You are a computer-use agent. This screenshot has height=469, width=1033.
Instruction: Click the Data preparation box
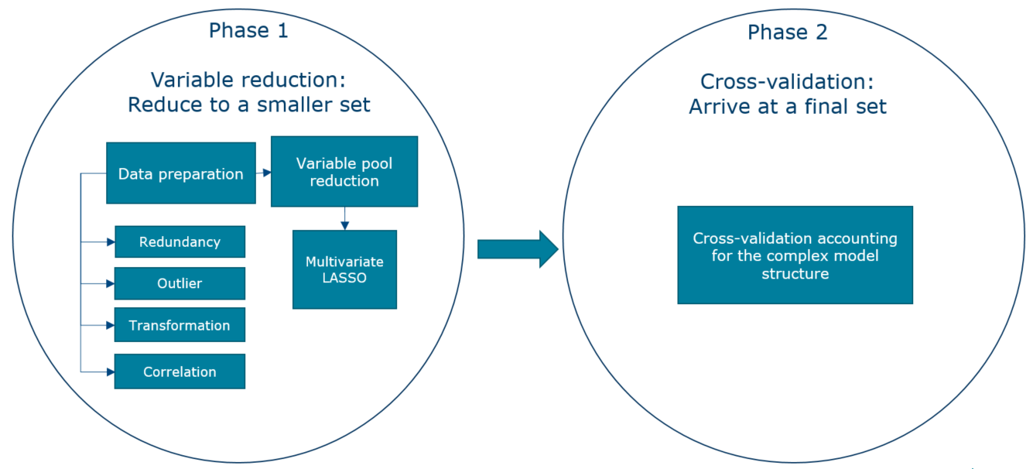pos(180,173)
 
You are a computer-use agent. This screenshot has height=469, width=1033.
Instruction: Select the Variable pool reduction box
pos(344,172)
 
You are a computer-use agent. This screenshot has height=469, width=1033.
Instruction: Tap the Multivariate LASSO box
pos(344,269)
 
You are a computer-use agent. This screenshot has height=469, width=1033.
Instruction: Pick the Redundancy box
pos(180,242)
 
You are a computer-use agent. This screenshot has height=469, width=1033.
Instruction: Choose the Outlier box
pos(180,283)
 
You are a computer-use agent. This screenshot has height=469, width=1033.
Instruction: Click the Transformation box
pos(180,325)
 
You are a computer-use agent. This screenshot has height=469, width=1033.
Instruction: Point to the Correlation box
pos(180,371)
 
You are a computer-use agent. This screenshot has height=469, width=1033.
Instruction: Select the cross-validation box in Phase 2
pos(795,255)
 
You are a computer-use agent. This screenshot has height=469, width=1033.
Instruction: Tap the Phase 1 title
pos(248,31)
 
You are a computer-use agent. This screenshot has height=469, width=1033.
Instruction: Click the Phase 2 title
pos(787,33)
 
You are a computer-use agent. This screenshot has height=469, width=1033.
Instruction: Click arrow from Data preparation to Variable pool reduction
pos(263,173)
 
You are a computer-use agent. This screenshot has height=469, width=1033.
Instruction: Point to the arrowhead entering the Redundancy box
pos(111,242)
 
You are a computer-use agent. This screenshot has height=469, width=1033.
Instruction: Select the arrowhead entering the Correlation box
pos(111,371)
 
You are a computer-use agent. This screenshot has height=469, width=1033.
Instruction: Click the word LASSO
pos(344,278)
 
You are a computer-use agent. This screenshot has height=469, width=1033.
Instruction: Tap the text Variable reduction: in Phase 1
pos(248,80)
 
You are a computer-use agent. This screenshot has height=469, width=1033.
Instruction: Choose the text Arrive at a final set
pos(787,106)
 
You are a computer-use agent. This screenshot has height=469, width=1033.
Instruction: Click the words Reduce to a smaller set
pos(248,104)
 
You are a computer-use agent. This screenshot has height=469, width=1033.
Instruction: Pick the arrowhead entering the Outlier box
pos(111,283)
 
